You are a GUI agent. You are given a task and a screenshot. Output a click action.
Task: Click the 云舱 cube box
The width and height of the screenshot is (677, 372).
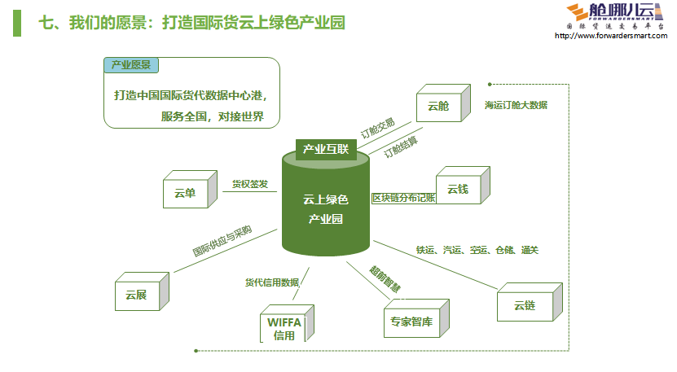pyautogui.click(x=437, y=106)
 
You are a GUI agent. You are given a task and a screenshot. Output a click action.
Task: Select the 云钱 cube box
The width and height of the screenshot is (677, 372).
pyautogui.click(x=457, y=190)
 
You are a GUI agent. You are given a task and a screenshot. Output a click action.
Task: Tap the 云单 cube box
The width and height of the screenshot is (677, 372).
pyautogui.click(x=185, y=193)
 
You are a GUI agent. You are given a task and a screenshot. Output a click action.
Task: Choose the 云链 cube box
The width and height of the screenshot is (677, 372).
pyautogui.click(x=524, y=305)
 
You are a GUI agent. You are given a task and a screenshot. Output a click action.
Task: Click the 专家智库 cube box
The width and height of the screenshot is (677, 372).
pyautogui.click(x=411, y=321)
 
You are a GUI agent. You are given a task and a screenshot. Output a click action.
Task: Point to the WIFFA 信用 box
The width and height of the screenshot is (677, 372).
pyautogui.click(x=284, y=327)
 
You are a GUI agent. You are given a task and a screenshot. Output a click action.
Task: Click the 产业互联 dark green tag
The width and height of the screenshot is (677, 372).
pyautogui.click(x=325, y=149)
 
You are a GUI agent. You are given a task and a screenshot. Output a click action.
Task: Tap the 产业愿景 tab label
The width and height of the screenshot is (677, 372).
pyautogui.click(x=130, y=65)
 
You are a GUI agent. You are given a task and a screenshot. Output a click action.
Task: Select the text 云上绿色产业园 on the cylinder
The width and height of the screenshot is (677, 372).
pyautogui.click(x=325, y=209)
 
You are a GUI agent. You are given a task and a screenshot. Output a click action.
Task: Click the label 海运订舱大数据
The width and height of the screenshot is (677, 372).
pyautogui.click(x=515, y=105)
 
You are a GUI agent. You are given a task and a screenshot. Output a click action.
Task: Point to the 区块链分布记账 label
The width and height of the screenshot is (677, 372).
pyautogui.click(x=404, y=198)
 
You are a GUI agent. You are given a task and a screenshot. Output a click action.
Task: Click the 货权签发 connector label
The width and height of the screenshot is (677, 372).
pyautogui.click(x=249, y=185)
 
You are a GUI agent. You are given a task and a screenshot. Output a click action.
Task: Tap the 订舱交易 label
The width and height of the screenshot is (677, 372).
pyautogui.click(x=377, y=128)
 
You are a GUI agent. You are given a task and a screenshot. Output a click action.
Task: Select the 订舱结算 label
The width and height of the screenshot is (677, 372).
pyautogui.click(x=400, y=146)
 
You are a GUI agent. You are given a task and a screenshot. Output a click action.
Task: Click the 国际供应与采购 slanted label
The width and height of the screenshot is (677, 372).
pyautogui.click(x=222, y=241)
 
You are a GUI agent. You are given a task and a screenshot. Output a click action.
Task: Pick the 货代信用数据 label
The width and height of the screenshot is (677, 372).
pyautogui.click(x=272, y=282)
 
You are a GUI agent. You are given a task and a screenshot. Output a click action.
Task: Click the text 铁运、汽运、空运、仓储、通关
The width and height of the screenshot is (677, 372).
pyautogui.click(x=477, y=250)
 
